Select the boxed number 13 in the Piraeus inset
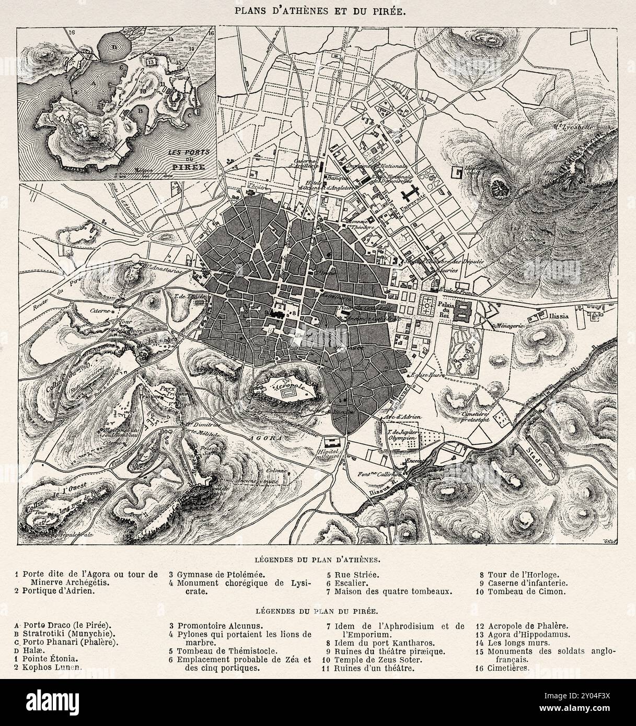pyautogui.click(x=152, y=62)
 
